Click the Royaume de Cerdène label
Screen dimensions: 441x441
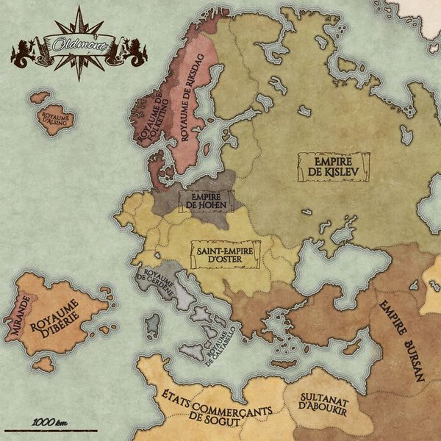155,282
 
